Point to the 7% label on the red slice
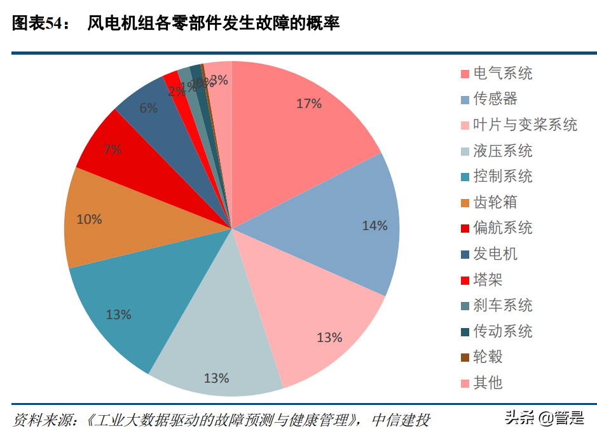pos(113,150)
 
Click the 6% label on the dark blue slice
pos(148,108)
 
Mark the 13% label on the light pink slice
pos(329,338)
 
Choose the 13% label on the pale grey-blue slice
pos(216,378)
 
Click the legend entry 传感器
pos(495,99)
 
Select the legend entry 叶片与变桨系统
pos(525,125)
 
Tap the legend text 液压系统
pos(503,151)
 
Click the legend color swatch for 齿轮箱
pos(465,203)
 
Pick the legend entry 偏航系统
pos(503,228)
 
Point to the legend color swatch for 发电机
pos(465,254)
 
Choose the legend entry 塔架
pos(488,280)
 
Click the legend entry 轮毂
pos(488,357)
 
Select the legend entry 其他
pos(488,383)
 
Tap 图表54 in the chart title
pos(38,24)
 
